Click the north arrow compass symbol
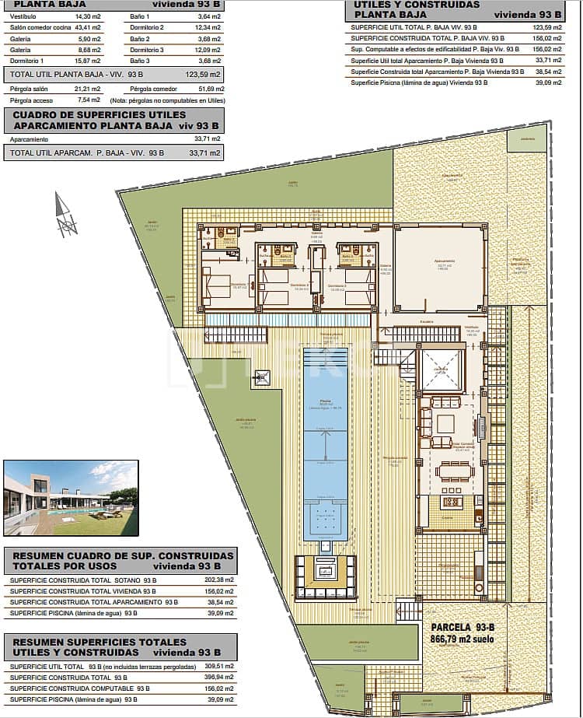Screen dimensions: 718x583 65,215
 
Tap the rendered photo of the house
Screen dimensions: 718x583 71,498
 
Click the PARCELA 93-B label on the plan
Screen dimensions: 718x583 463,627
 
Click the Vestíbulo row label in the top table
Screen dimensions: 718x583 23,16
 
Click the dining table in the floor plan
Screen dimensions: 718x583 454,471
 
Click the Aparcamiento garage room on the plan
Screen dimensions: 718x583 439,264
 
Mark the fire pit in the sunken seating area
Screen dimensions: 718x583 325,572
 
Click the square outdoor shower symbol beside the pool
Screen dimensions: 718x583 263,378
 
